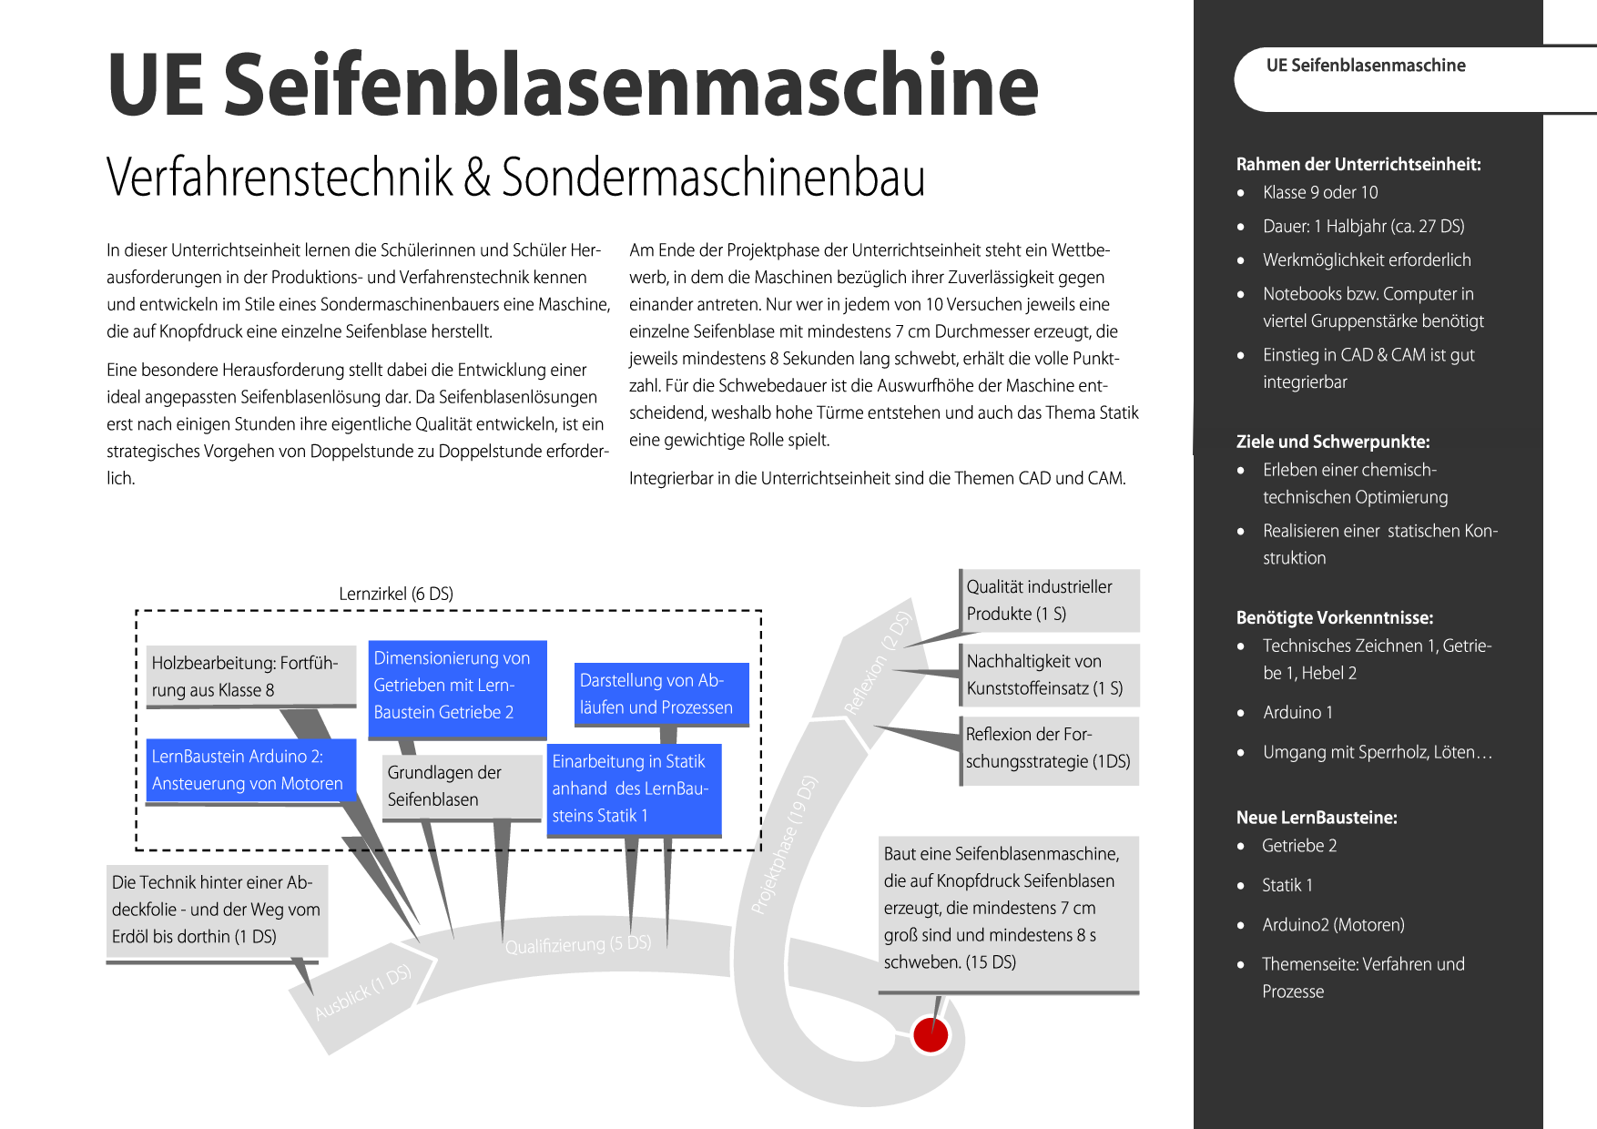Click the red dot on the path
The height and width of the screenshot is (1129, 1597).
pos(931,1034)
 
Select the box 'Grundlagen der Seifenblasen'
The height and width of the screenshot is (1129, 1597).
pos(462,787)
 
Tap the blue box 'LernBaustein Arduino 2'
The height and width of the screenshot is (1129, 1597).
pos(250,770)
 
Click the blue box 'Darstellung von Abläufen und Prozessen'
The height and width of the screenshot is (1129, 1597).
pos(661,694)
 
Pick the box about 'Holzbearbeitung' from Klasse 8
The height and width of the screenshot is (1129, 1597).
pos(250,676)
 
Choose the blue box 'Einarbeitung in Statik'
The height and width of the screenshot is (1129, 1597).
pos(635,788)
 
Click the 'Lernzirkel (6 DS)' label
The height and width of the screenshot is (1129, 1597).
pos(396,594)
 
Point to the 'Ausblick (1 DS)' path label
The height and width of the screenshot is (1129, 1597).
pos(362,992)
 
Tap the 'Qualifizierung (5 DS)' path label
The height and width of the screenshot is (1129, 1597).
pos(578,944)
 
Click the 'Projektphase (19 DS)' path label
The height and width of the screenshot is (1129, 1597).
pos(784,844)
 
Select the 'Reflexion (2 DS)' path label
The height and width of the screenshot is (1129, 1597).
pos(877,663)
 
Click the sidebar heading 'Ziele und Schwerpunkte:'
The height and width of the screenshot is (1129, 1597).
pos(1333,442)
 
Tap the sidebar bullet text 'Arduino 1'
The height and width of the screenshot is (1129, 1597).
pos(1297,712)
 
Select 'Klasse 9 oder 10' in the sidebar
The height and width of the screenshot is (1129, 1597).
pos(1320,192)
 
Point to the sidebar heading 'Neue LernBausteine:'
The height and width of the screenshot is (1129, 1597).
pos(1317,818)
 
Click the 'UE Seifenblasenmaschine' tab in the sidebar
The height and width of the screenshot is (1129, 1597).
pos(1366,66)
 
